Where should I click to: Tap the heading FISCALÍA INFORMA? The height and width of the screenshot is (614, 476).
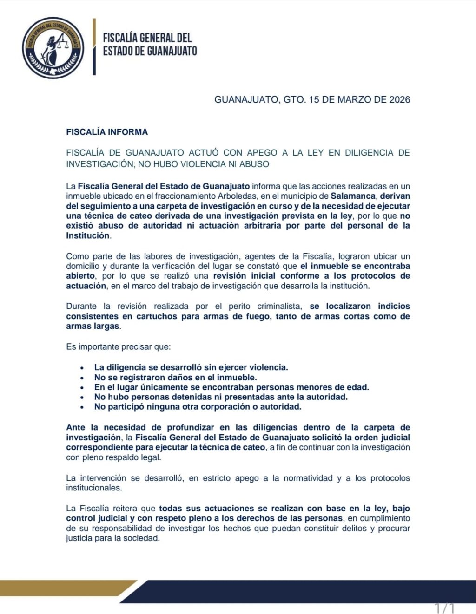click(x=107, y=132)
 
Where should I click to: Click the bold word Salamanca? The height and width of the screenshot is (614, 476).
click(x=353, y=196)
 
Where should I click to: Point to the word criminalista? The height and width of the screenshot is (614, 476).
click(x=279, y=306)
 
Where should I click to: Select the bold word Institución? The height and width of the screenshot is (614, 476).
click(x=88, y=235)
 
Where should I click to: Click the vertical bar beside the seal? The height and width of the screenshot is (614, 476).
click(x=94, y=46)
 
